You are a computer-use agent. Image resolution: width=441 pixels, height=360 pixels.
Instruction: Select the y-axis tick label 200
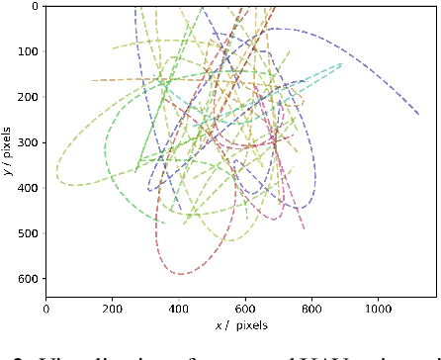coord(28,97)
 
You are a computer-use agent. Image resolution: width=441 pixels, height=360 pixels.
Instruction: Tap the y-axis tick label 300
coord(28,142)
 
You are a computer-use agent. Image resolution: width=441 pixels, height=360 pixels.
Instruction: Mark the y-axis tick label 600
coord(28,279)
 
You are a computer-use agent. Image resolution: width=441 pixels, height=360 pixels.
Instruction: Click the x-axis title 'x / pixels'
coord(240,324)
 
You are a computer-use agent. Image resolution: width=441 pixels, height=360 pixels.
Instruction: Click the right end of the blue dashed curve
coord(418,115)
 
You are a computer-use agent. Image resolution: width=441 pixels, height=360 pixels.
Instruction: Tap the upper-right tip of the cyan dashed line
coord(342,63)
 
